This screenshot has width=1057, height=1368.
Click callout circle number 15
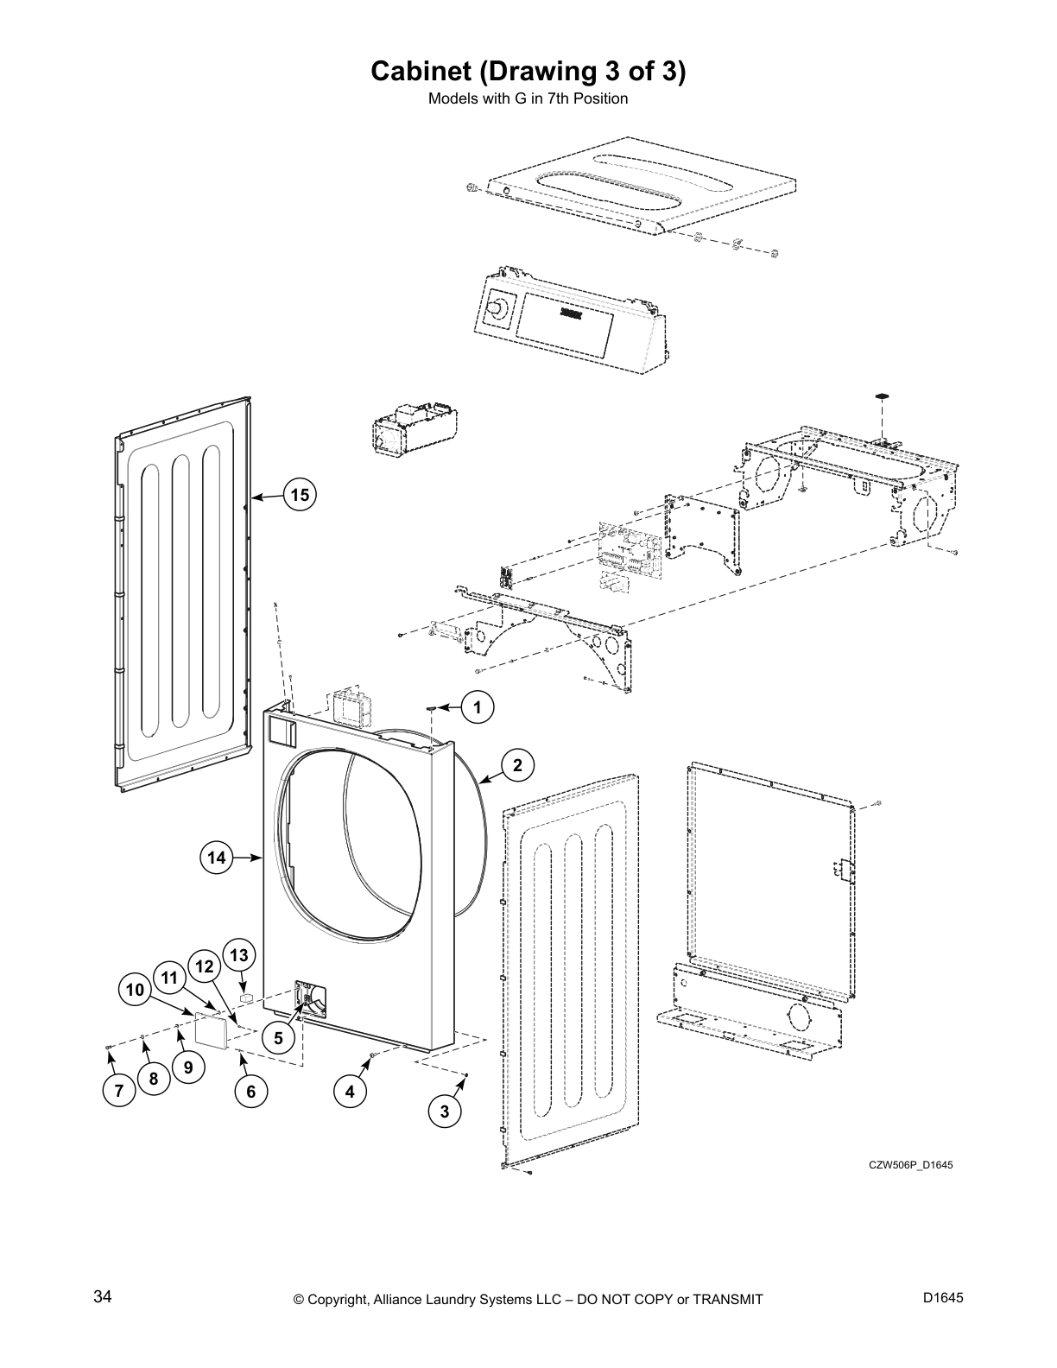pyautogui.click(x=300, y=495)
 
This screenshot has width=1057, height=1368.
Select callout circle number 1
pyautogui.click(x=477, y=707)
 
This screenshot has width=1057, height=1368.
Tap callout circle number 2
pyautogui.click(x=517, y=765)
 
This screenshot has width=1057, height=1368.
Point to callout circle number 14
pyautogui.click(x=216, y=858)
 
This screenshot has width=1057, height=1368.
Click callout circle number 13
pyautogui.click(x=239, y=956)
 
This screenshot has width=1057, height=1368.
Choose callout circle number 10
pyautogui.click(x=136, y=990)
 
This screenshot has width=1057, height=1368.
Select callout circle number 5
pyautogui.click(x=278, y=1039)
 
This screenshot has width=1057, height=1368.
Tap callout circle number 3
pyautogui.click(x=445, y=1111)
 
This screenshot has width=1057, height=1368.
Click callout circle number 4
pyautogui.click(x=350, y=1092)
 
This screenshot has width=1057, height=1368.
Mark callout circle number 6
pyautogui.click(x=250, y=1092)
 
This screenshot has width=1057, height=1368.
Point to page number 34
pyautogui.click(x=102, y=1296)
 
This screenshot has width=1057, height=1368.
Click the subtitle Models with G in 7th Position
pyautogui.click(x=528, y=98)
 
